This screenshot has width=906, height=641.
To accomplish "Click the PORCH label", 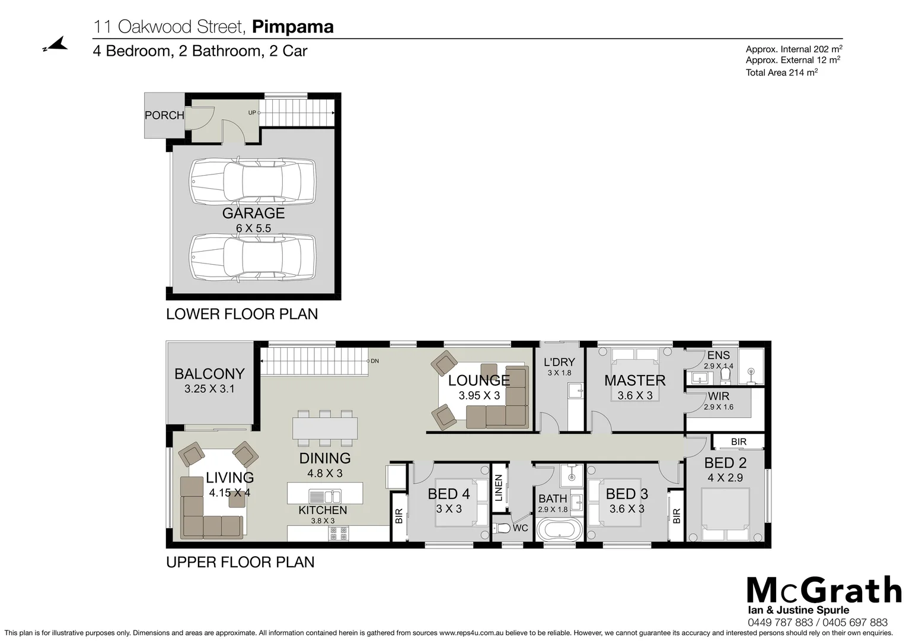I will (x=164, y=115).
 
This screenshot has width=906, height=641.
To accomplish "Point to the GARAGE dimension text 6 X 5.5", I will (x=253, y=229).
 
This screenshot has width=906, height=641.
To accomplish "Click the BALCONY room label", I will (x=209, y=374).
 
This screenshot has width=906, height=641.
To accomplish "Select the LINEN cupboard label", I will (x=499, y=487).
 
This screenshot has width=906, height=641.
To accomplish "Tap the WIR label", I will (x=718, y=396).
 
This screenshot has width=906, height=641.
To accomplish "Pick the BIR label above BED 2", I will (x=739, y=442).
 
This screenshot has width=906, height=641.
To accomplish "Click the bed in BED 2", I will (x=726, y=514).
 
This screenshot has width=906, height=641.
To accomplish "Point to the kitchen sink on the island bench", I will (x=324, y=496).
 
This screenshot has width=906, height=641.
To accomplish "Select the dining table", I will (x=325, y=428).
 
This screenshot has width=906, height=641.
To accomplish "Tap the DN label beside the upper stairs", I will (x=374, y=361).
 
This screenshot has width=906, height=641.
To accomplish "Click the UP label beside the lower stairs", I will (x=252, y=113).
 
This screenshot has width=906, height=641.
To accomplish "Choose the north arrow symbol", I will (x=55, y=45).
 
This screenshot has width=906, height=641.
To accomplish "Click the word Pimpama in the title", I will (x=293, y=27).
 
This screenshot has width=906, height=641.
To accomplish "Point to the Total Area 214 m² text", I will (x=781, y=72).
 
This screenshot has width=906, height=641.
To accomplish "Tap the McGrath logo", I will (x=824, y=591).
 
